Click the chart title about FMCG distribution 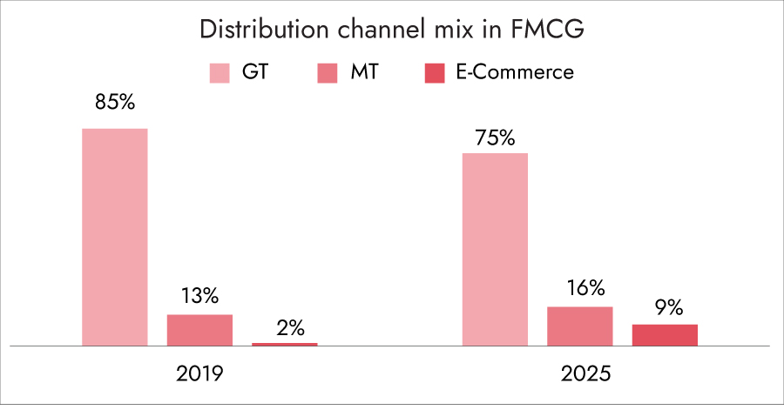pyautogui.click(x=391, y=30)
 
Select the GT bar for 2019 pyautogui.click(x=115, y=237)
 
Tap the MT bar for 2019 pyautogui.click(x=199, y=330)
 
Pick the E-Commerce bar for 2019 pyautogui.click(x=285, y=344)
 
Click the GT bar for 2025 pyautogui.click(x=495, y=249)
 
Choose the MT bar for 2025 pyautogui.click(x=579, y=326)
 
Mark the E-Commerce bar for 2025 pyautogui.click(x=665, y=335)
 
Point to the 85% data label pyautogui.click(x=115, y=102)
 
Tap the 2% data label pyautogui.click(x=285, y=327)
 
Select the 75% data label pyautogui.click(x=495, y=138)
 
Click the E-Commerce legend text pyautogui.click(x=515, y=72)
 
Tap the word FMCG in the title pyautogui.click(x=545, y=30)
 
